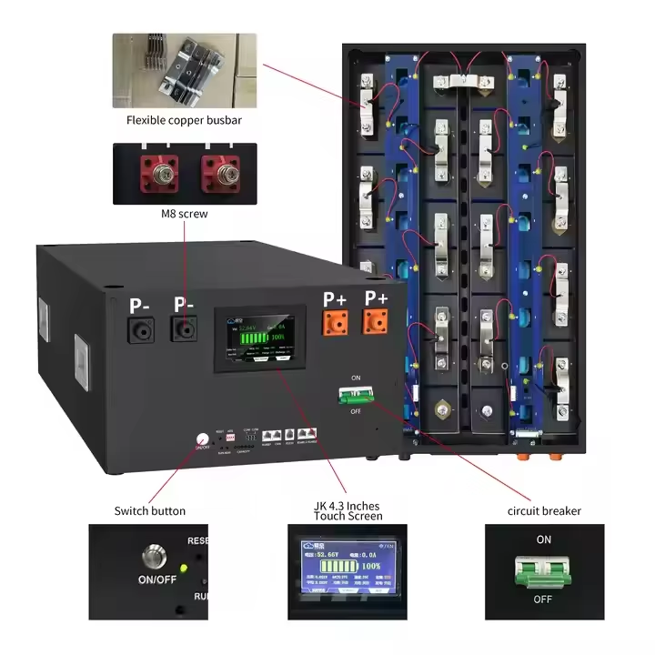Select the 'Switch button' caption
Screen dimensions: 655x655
[150, 510]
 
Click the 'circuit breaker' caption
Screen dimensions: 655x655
[543, 510]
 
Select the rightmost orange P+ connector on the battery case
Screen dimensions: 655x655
[376, 325]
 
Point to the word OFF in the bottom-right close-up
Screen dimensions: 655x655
[543, 600]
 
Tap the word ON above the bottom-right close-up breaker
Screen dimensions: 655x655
[543, 539]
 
